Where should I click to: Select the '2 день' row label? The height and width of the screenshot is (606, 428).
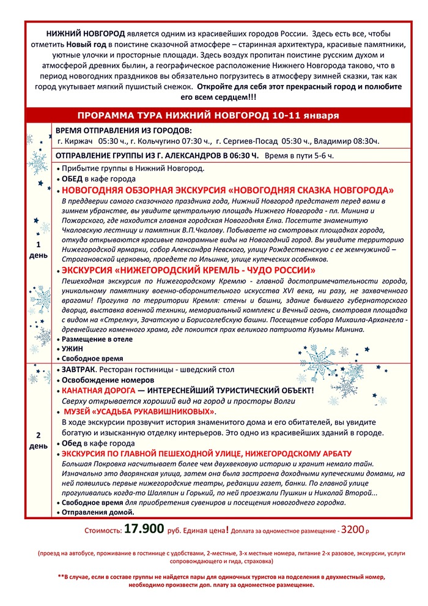(38, 440)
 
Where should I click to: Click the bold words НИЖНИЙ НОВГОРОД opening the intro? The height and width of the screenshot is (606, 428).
(86, 33)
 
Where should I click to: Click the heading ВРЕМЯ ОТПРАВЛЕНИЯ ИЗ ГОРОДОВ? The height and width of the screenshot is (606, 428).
(124, 131)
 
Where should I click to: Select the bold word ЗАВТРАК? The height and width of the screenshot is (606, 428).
(79, 369)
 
